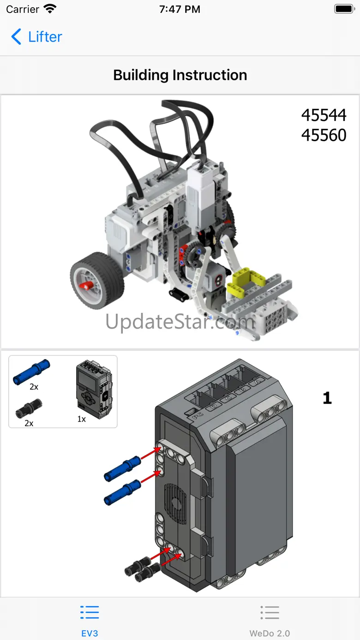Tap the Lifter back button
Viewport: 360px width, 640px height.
[x=36, y=37]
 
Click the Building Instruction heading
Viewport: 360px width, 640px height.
[x=180, y=75]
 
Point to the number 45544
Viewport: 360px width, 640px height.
[x=324, y=115]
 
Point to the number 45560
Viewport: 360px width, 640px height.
[x=324, y=135]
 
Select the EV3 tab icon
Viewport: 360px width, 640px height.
[x=90, y=612]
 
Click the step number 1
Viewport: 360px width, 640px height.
[x=327, y=398]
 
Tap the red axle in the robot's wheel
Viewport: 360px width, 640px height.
[x=86, y=285]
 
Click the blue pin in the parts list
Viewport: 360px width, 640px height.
[x=31, y=372]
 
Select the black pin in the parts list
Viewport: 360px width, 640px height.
[x=29, y=408]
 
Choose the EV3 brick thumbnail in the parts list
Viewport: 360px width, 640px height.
[x=94, y=389]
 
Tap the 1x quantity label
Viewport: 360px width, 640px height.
[x=81, y=419]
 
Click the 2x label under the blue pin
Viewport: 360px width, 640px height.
[x=34, y=387]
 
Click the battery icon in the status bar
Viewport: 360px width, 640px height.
[x=345, y=9]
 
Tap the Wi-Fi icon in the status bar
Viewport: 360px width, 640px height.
[x=50, y=9]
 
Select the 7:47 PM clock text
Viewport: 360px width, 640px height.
[x=180, y=9]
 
